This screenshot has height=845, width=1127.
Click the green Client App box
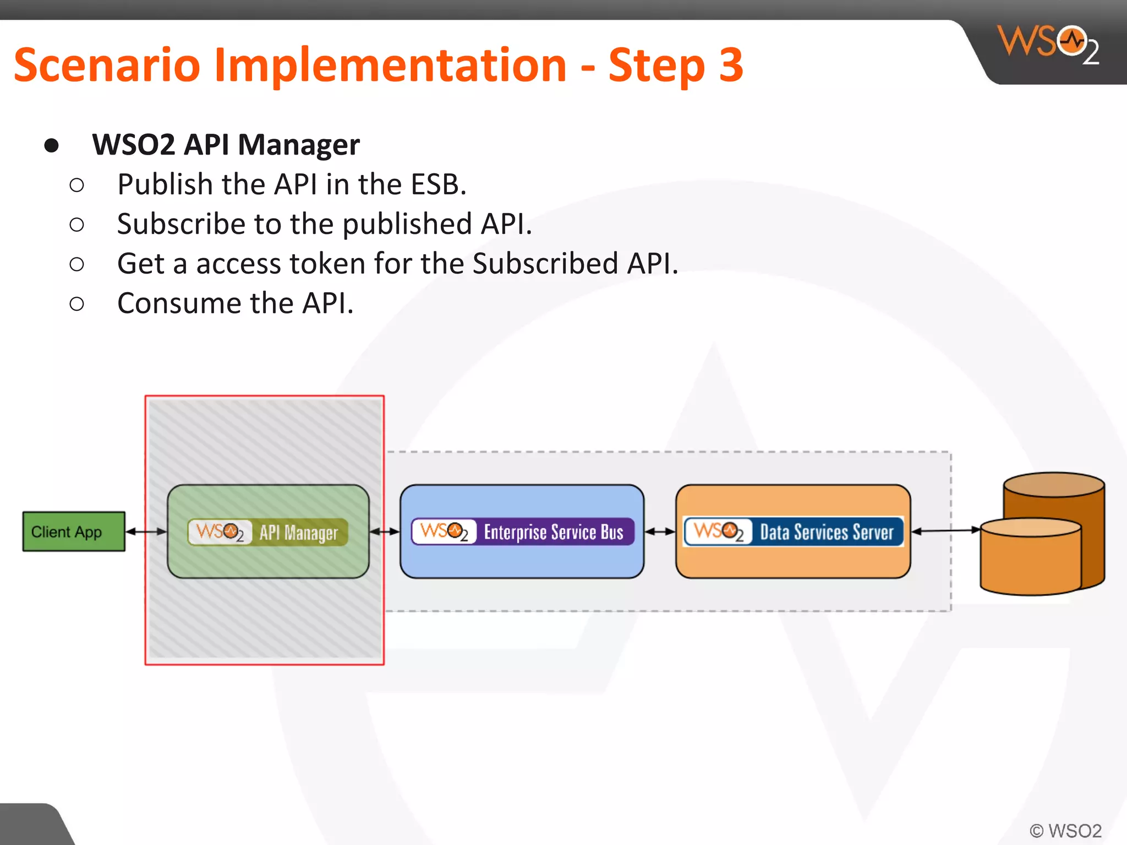[74, 531]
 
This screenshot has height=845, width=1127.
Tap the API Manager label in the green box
[298, 533]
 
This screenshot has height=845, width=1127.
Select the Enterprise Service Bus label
[553, 532]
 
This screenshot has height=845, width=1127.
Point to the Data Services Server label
[826, 532]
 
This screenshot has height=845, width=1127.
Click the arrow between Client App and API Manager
[146, 531]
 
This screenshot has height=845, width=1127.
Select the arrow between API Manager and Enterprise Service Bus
[385, 531]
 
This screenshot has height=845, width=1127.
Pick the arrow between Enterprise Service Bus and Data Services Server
[659, 531]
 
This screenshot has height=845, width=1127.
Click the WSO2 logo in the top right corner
[1048, 44]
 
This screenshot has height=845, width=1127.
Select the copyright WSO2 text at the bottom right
[1065, 830]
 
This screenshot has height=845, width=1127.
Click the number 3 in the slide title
[731, 65]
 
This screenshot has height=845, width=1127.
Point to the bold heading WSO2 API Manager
[226, 145]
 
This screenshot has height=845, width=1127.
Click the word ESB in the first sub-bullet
[438, 184]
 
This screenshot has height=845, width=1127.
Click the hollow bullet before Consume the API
[77, 304]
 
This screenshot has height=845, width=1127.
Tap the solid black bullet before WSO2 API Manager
[52, 145]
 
